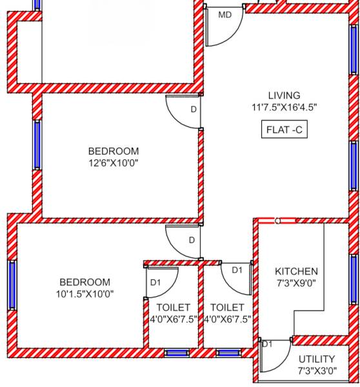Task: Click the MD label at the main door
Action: point(225,15)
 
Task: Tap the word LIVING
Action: point(285,95)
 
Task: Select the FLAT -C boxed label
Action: point(285,130)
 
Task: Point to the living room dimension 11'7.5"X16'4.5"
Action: point(285,107)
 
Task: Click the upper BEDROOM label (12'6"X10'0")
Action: point(114,152)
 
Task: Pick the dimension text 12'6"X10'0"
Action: point(114,163)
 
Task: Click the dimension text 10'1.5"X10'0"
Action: point(85,293)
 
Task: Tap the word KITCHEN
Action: point(296,271)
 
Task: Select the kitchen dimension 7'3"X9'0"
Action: point(296,283)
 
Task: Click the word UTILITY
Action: point(317,359)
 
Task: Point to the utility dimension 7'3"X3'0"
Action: point(317,371)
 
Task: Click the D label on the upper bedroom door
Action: point(193,110)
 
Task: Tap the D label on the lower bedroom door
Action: point(192,241)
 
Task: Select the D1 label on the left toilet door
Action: point(155,283)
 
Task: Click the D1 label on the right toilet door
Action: point(237,270)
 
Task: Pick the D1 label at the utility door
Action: point(267,344)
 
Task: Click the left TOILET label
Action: point(174,308)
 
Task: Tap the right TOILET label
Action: point(227,308)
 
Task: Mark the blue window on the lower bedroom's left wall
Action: point(12,284)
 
